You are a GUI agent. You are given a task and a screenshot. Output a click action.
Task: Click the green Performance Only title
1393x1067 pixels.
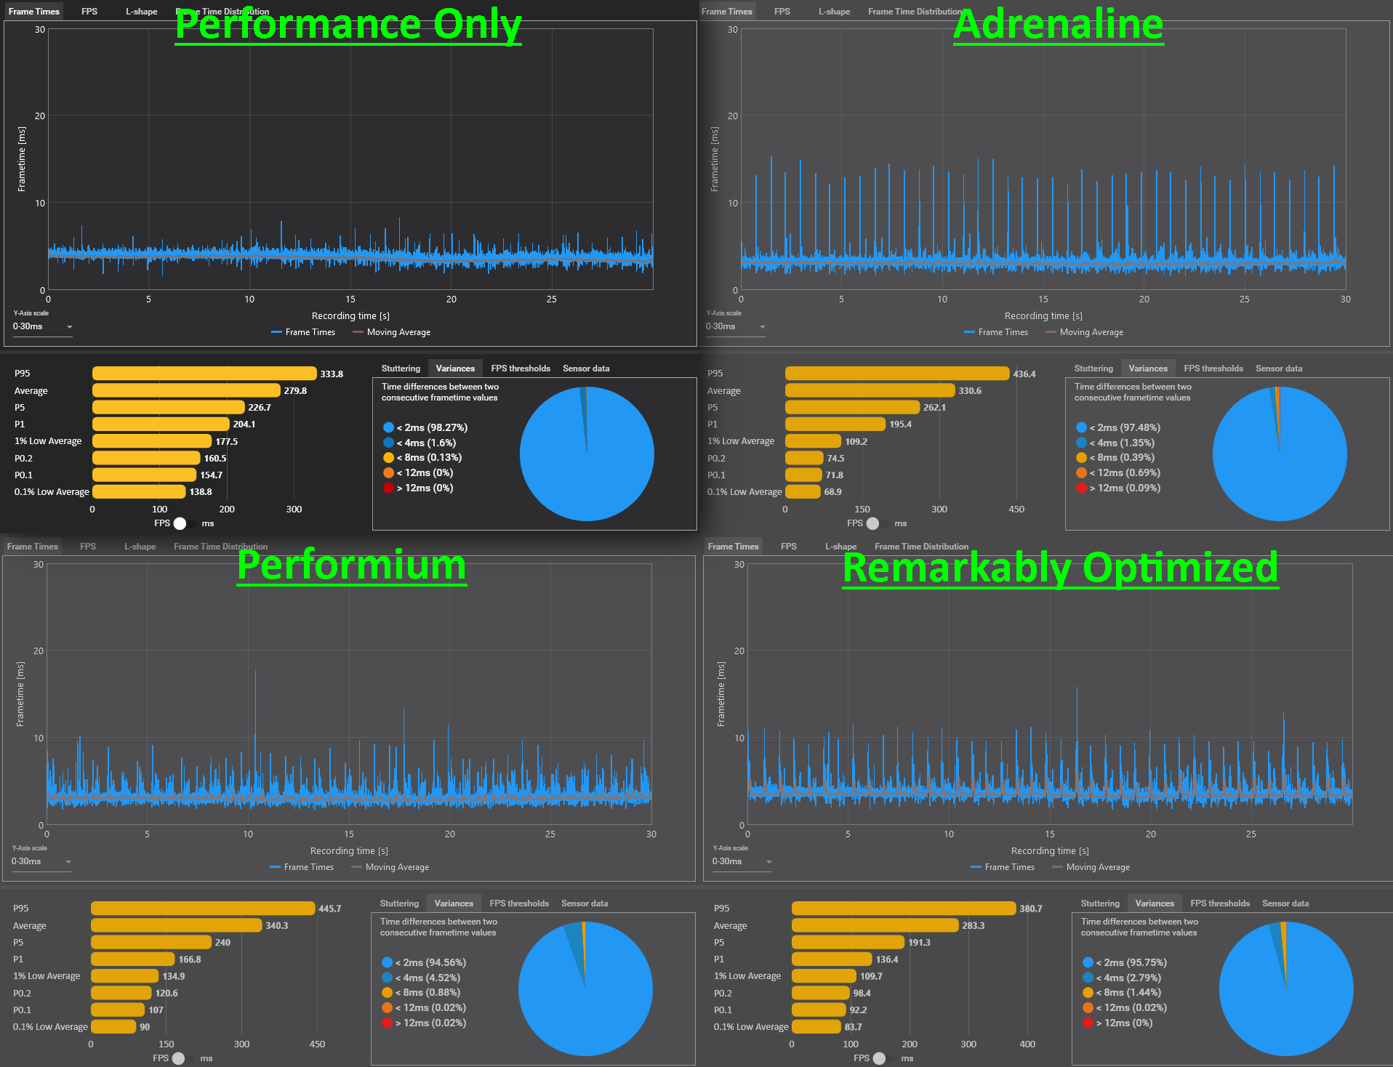coord(348,25)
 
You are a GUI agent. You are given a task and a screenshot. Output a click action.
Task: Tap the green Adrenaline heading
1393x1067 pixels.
coord(1059,25)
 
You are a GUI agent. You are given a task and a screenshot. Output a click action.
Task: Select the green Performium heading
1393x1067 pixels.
coord(352,565)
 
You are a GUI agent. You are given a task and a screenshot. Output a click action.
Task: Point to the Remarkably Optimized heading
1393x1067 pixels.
coord(1061,568)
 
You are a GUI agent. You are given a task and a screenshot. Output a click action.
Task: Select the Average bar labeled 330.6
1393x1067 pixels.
coord(870,390)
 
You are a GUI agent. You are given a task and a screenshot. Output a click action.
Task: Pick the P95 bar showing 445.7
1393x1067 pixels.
coord(203,909)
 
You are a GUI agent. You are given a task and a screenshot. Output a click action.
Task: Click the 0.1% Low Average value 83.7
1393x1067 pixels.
coord(853,1027)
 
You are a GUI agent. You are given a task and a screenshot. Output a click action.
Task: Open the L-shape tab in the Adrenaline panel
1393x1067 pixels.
coord(834,12)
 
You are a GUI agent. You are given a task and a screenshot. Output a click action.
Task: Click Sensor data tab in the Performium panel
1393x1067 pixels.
coord(585,903)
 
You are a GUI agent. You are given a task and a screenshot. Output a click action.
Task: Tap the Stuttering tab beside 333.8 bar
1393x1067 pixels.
coord(401,369)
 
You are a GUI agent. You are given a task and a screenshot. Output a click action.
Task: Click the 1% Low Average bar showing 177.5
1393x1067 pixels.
coord(152,441)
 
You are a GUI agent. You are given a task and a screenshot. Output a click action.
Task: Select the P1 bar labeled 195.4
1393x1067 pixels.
coord(835,424)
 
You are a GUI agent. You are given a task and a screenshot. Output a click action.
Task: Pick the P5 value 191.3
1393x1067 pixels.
coord(919,943)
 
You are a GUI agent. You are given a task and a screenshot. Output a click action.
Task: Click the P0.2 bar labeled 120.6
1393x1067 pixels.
coord(121,993)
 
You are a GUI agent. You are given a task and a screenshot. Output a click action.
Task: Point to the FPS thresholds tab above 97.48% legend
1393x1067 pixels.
coord(1213,369)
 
